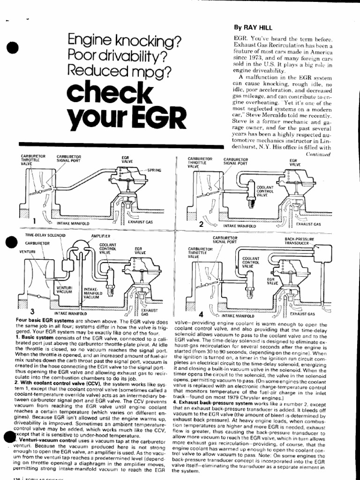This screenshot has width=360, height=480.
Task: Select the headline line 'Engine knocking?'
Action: [x=125, y=42]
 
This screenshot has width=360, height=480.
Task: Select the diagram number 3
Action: [x=32, y=311]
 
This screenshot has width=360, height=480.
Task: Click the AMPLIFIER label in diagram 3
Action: [x=100, y=234]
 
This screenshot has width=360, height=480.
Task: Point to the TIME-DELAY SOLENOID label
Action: [x=45, y=234]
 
